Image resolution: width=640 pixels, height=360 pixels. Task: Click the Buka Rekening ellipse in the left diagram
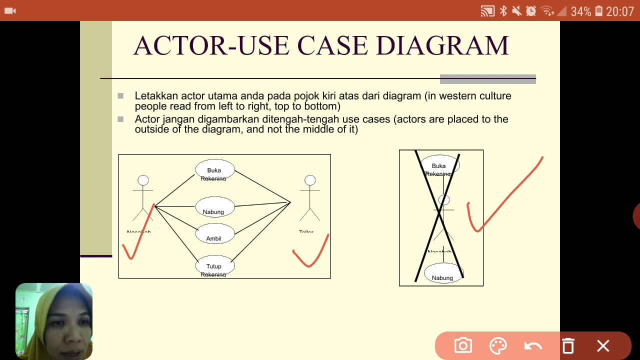click(x=214, y=171)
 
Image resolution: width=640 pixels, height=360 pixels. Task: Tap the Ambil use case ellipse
click(x=214, y=235)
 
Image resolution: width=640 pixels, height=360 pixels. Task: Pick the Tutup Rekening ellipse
click(x=214, y=267)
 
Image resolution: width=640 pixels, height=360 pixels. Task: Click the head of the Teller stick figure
click(x=310, y=180)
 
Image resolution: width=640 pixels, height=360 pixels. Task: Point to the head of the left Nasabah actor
click(x=143, y=180)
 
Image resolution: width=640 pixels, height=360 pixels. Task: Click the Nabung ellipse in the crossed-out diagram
click(x=443, y=274)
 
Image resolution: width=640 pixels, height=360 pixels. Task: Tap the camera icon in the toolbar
click(x=463, y=346)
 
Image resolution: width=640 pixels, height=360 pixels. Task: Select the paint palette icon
click(x=498, y=346)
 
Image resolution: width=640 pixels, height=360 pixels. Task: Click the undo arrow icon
click(x=533, y=346)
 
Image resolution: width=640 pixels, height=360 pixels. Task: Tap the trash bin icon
click(x=568, y=346)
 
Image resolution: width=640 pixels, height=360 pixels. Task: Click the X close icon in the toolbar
click(x=603, y=346)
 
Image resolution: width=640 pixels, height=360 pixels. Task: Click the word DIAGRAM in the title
click(x=442, y=46)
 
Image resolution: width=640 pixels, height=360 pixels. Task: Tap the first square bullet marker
click(x=120, y=95)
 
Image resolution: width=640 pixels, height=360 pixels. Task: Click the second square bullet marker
click(x=120, y=119)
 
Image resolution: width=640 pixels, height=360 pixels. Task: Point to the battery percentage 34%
click(x=580, y=11)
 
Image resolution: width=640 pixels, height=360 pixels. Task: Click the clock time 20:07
click(x=619, y=11)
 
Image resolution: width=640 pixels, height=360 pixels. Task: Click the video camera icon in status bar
click(x=10, y=10)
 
